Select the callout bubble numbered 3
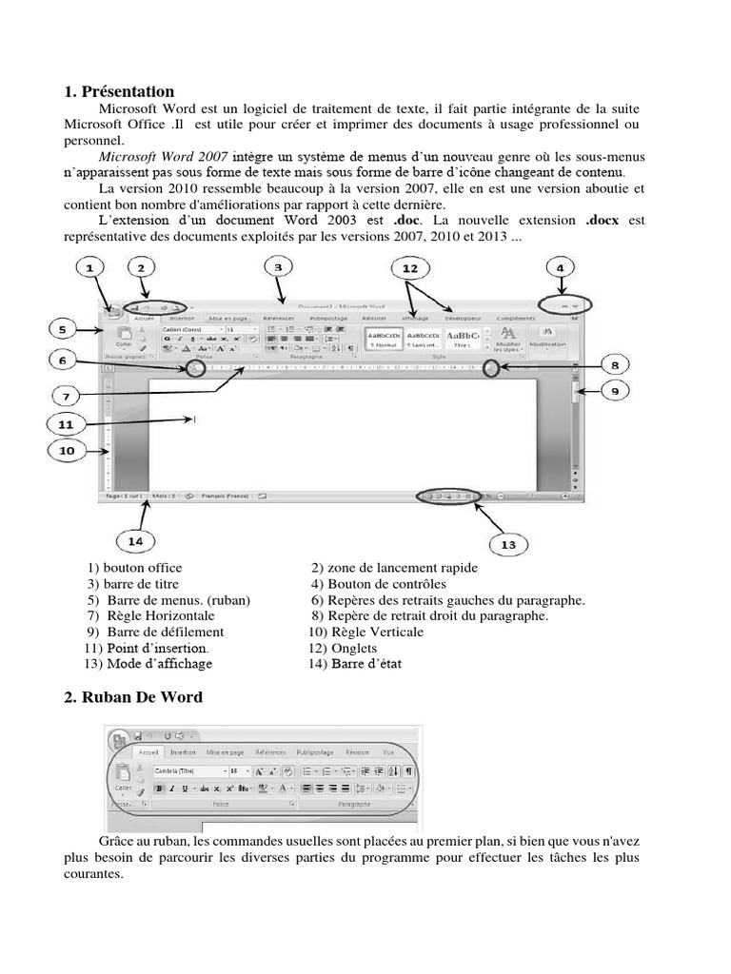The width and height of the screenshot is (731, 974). pyautogui.click(x=277, y=268)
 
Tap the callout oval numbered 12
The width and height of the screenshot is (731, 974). pyautogui.click(x=409, y=268)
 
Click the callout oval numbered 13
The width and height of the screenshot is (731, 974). pyautogui.click(x=507, y=544)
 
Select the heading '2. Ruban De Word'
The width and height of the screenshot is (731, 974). pyautogui.click(x=133, y=697)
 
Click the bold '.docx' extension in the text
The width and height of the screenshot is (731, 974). pyautogui.click(x=603, y=220)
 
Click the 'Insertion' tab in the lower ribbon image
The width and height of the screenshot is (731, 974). pyautogui.click(x=183, y=751)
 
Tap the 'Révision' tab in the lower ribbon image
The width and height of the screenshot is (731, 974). pyautogui.click(x=357, y=751)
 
